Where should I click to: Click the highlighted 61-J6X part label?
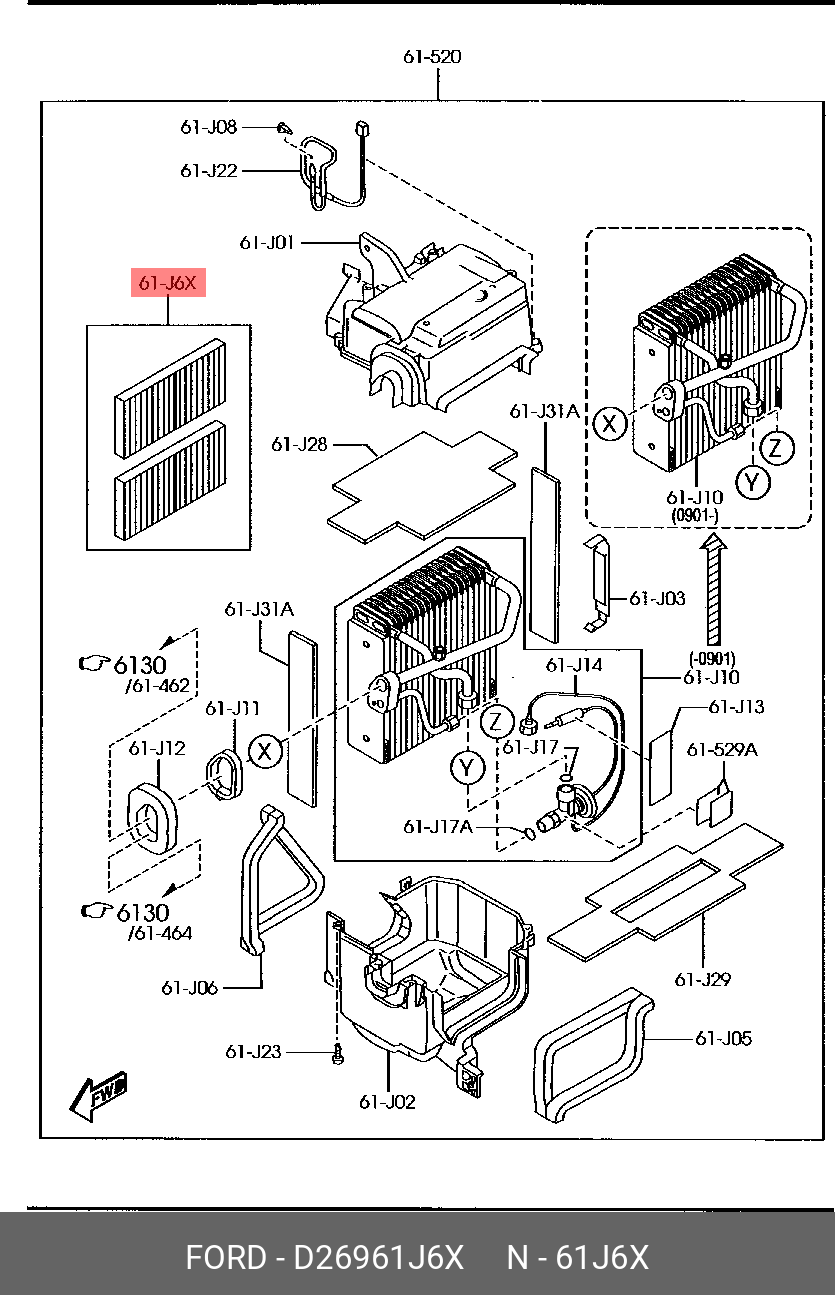tap(168, 283)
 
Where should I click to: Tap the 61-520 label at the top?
tap(432, 57)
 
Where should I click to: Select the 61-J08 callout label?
tap(209, 127)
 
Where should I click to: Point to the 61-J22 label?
tap(209, 171)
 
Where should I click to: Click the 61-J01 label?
tap(267, 242)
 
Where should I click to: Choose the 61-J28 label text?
tap(299, 444)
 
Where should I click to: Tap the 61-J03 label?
tap(657, 598)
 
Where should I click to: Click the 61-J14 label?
tap(574, 665)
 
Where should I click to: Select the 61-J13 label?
tap(736, 706)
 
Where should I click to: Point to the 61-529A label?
tap(722, 749)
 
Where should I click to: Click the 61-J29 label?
tap(703, 979)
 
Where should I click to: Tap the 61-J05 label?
tap(723, 1038)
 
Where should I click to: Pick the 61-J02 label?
tap(387, 1102)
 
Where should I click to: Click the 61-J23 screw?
tap(338, 1054)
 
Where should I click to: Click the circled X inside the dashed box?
tap(609, 424)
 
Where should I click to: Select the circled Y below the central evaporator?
tap(467, 768)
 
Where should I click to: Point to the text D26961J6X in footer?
tap(379, 1257)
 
